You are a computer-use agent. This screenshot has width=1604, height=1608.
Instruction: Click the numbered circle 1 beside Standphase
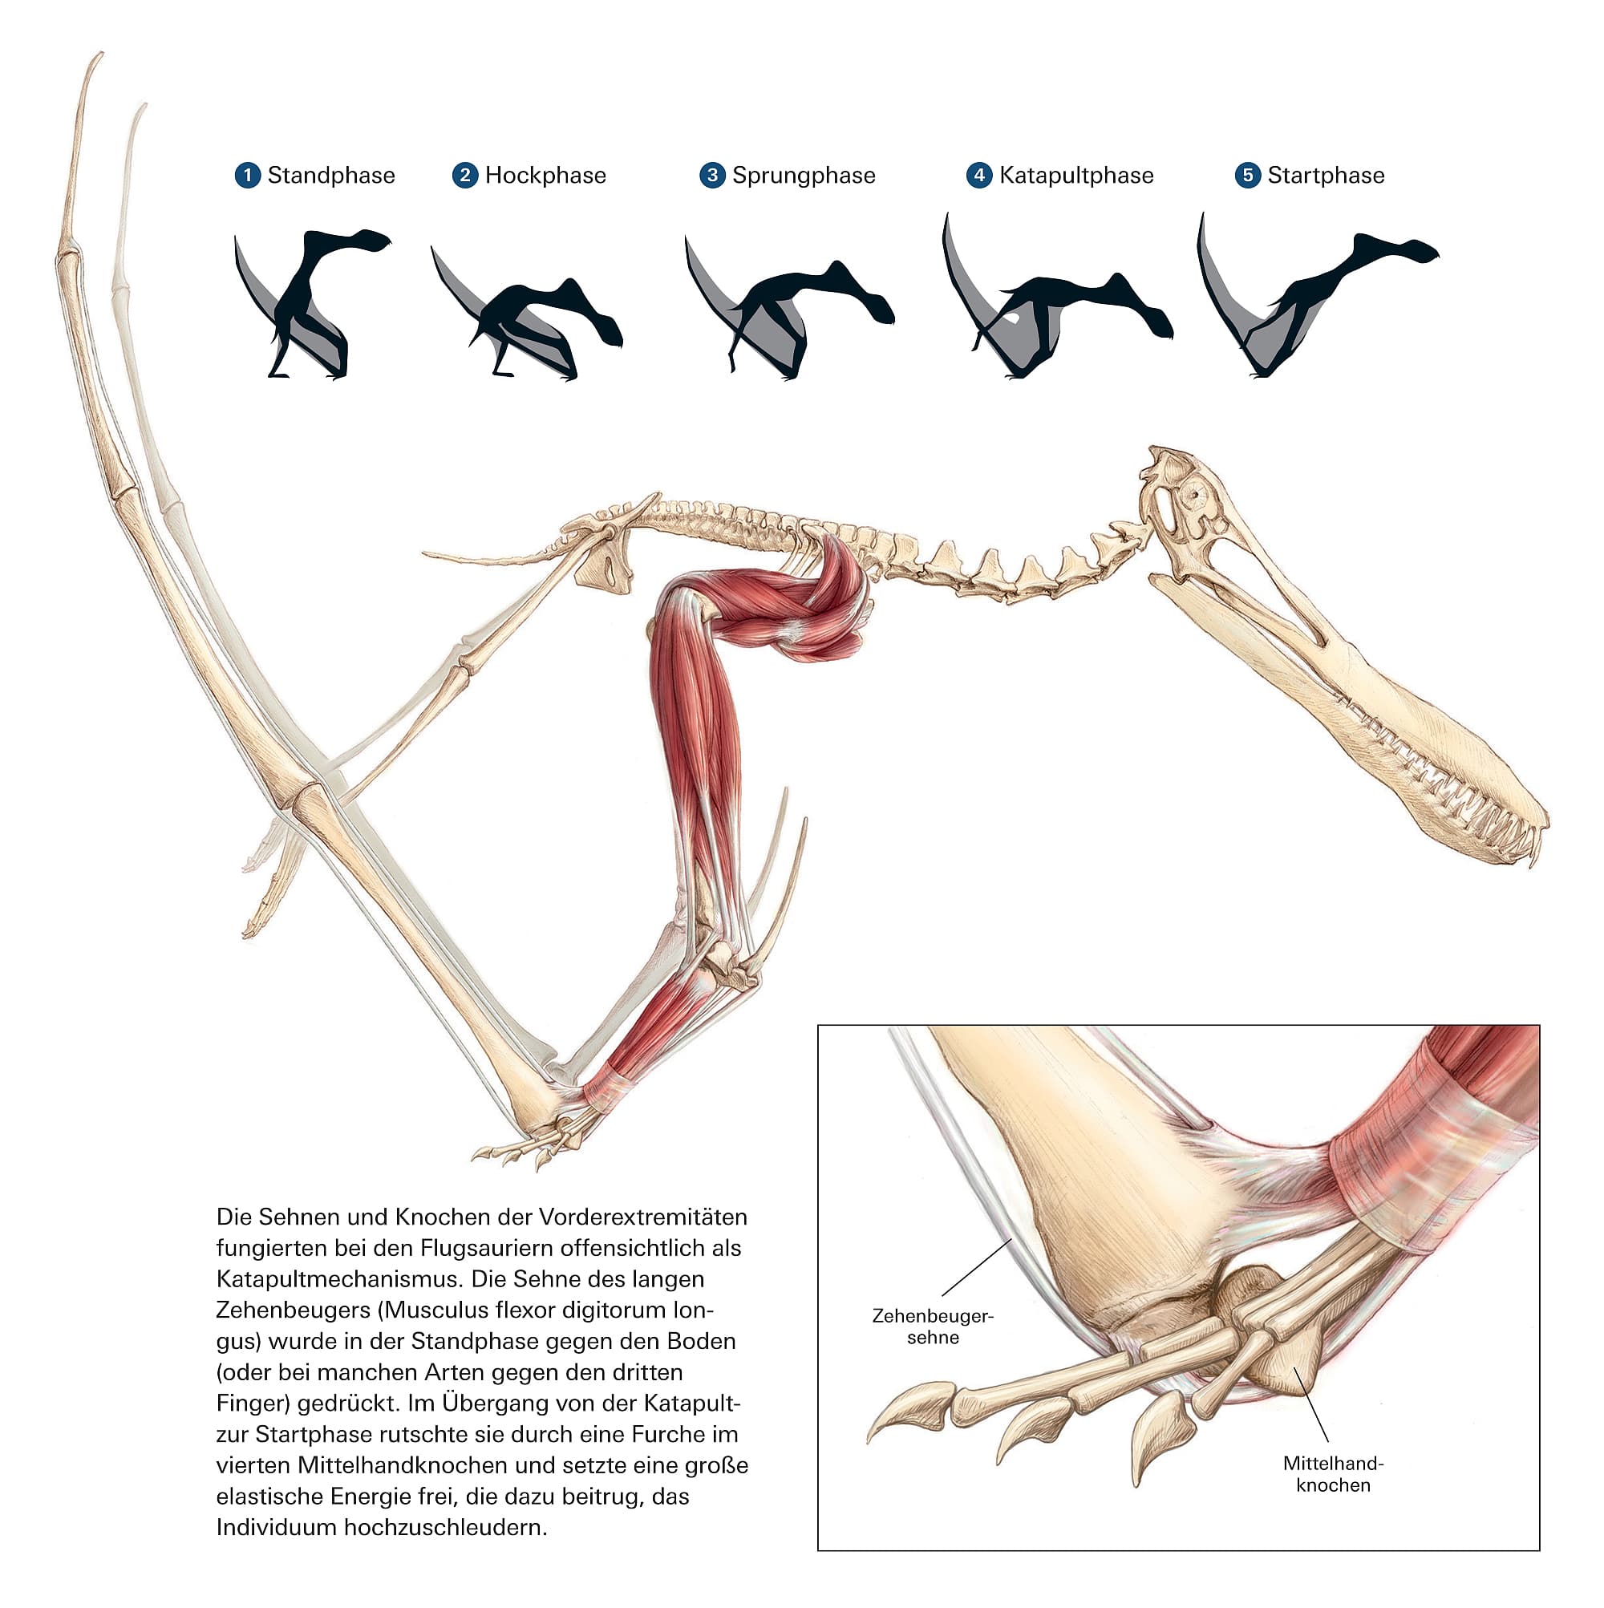247,176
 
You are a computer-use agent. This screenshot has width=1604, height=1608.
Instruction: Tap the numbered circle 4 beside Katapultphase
979,176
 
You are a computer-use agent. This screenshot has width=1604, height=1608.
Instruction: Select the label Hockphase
545,176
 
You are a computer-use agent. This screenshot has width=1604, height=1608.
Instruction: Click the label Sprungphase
804,176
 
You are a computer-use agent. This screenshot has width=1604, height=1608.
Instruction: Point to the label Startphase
1325,176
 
